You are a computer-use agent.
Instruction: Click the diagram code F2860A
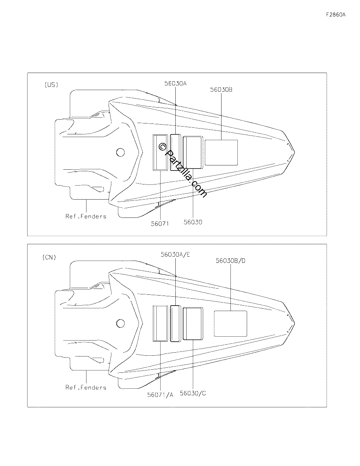click(336, 15)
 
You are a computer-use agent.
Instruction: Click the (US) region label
click(51, 85)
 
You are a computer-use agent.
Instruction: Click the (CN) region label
click(49, 257)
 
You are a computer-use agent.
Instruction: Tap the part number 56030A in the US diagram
click(175, 83)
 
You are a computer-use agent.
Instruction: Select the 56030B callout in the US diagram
click(221, 89)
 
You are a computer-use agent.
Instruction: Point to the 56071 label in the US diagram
click(160, 224)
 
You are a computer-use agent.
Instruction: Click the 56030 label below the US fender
click(193, 222)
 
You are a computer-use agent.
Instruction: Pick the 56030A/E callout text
click(175, 254)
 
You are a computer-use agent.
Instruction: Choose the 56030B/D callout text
click(230, 261)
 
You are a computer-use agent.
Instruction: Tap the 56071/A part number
click(160, 395)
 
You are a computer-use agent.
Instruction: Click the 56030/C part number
click(193, 393)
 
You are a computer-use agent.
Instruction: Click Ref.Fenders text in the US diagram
click(86, 216)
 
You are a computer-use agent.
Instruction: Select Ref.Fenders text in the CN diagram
click(86, 388)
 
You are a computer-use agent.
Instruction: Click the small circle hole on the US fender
click(120, 153)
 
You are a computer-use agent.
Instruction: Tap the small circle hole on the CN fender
click(120, 323)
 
